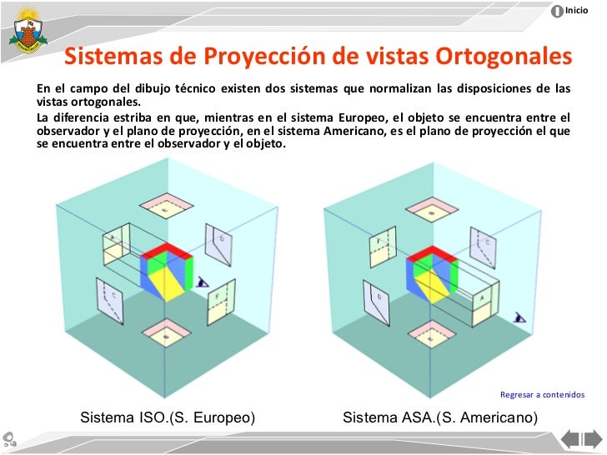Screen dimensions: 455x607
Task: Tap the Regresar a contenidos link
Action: (x=542, y=394)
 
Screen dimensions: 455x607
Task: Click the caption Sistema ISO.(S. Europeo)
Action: (x=167, y=417)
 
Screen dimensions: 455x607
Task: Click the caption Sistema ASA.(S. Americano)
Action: (x=440, y=417)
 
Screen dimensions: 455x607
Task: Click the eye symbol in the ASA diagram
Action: (x=520, y=317)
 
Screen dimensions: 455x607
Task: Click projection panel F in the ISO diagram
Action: (x=219, y=300)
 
